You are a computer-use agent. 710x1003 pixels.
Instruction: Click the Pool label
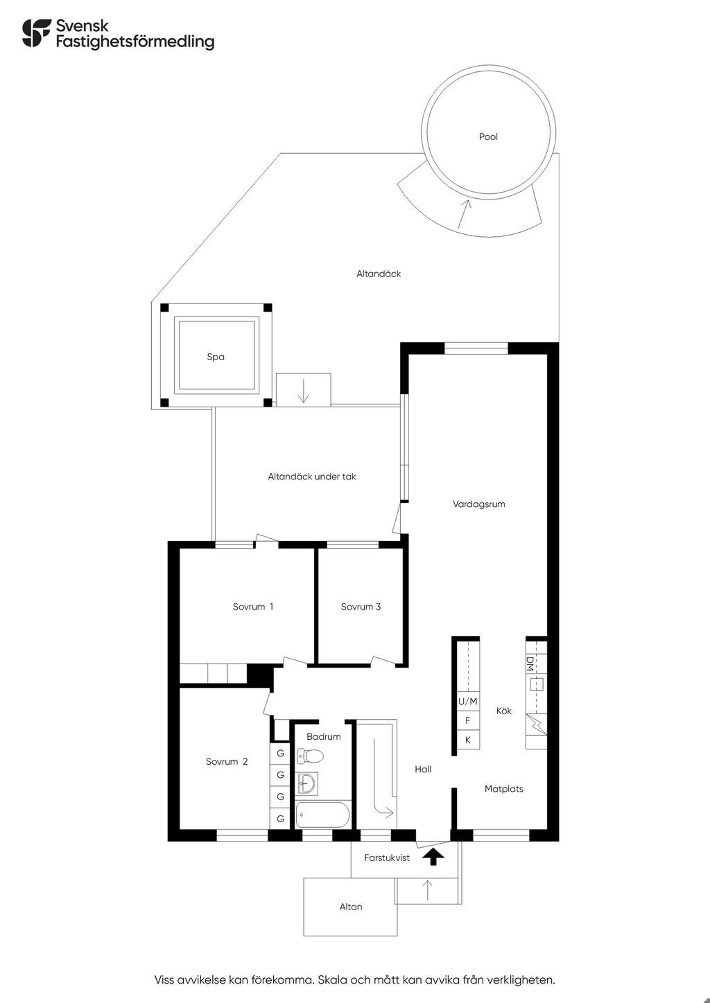coord(488,136)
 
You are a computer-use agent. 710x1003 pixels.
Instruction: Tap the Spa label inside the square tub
coord(216,357)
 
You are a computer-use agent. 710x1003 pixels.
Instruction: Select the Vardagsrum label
coord(478,504)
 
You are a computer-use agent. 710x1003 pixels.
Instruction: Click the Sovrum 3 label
coord(361,606)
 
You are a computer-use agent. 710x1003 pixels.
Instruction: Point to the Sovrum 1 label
coord(253,606)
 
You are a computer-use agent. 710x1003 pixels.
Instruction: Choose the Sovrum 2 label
coord(226,761)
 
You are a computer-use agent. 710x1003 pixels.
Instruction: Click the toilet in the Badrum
coord(310,756)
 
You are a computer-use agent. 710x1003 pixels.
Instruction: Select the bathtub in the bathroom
coord(322,815)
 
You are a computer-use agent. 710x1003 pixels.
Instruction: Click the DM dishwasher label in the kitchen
coord(530,664)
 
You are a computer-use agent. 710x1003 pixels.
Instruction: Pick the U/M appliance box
coord(467,701)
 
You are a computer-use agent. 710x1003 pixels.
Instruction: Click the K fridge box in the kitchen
coord(467,740)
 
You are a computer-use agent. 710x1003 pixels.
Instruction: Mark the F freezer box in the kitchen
coord(467,720)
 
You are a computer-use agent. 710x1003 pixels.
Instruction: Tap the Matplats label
coord(504,788)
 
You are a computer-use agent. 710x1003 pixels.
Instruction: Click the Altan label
coord(351,906)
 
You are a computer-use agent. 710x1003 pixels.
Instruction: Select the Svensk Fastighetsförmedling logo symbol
coord(37,33)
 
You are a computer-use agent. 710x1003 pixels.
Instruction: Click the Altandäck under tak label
coord(312,477)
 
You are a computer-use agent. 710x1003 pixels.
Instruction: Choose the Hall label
coord(423,769)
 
